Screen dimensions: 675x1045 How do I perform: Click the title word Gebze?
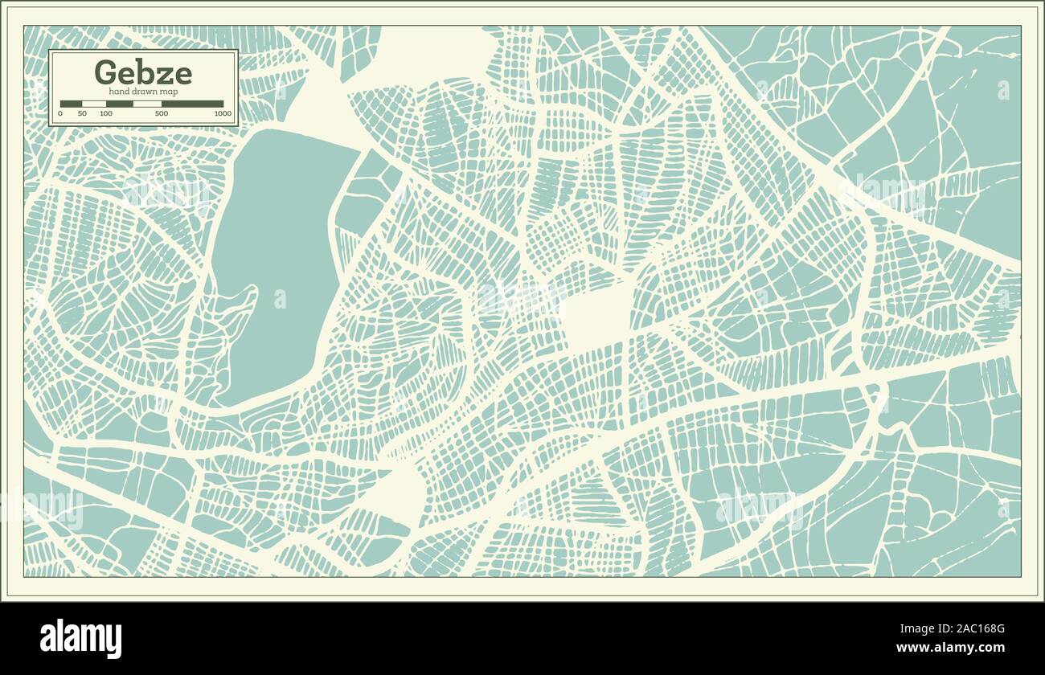pos(143,72)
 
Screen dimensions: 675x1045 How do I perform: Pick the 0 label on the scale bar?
pos(60,114)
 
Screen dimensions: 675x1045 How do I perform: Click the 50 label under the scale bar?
pos(82,114)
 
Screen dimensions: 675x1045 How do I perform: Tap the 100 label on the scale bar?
pos(106,114)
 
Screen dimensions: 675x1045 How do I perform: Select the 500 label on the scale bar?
pos(162,114)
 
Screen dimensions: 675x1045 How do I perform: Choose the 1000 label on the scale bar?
pos(223,114)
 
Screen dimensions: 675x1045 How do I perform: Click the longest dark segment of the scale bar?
pos(193,104)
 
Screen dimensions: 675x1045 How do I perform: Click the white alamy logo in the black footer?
pos(80,639)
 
